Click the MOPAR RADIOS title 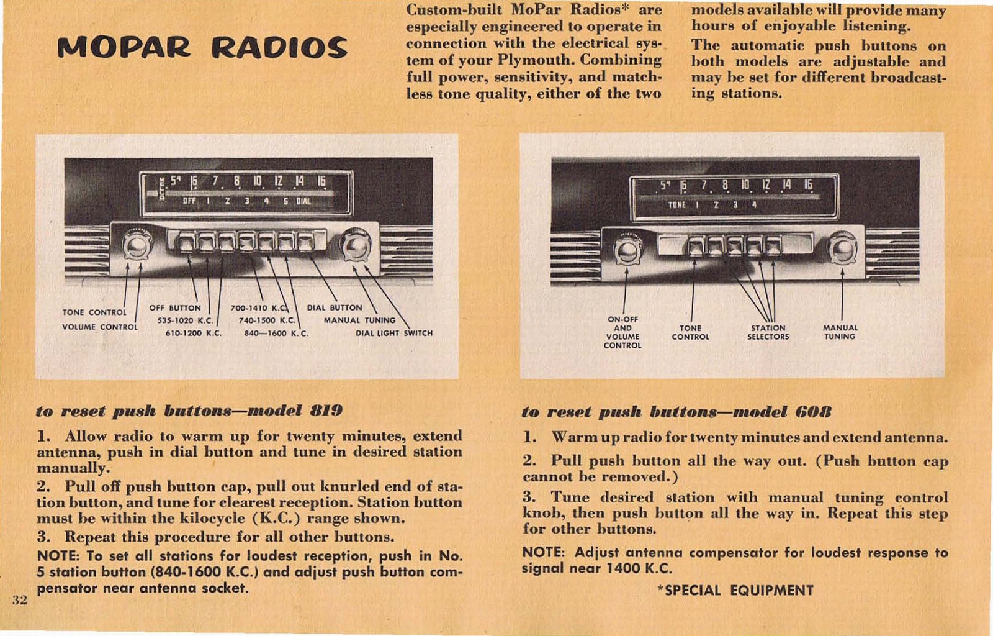click(x=202, y=48)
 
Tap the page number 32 click(x=20, y=599)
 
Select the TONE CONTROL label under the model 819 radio click(x=94, y=312)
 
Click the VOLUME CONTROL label click(x=99, y=327)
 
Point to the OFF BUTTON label click(x=175, y=307)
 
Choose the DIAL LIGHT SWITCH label click(x=394, y=333)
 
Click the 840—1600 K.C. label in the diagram click(x=276, y=334)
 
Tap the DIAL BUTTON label click(x=335, y=307)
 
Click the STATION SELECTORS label click(x=768, y=332)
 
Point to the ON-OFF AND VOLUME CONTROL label click(x=622, y=332)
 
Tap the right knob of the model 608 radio click(x=843, y=248)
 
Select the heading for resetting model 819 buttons click(x=189, y=411)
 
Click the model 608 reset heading click(x=676, y=412)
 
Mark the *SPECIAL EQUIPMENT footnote click(x=735, y=590)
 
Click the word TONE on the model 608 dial click(x=676, y=204)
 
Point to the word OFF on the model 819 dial click(x=189, y=201)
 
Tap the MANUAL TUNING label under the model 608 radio click(x=840, y=332)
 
